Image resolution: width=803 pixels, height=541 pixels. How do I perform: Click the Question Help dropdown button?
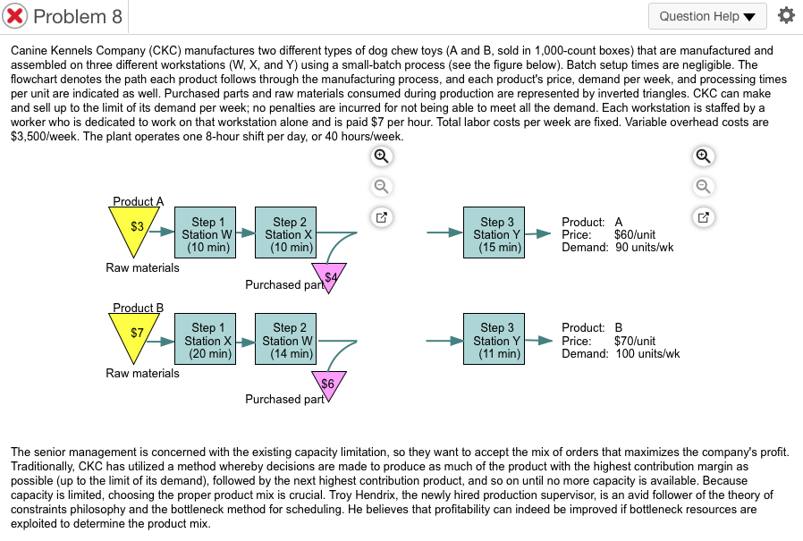707,16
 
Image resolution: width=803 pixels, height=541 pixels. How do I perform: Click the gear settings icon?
786,15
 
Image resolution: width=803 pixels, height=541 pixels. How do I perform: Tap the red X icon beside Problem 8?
15,16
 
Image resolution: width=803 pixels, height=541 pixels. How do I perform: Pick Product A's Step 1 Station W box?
206,232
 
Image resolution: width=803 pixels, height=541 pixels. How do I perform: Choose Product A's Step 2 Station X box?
286,232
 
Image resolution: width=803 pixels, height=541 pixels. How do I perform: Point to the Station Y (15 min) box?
494,232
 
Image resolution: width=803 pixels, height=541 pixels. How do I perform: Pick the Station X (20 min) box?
206,339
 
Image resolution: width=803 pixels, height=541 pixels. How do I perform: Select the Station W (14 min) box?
286,339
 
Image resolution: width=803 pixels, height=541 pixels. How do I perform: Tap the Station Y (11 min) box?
494,339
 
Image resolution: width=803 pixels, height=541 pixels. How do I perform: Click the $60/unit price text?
635,234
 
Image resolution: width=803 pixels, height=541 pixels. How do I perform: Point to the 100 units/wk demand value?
647,353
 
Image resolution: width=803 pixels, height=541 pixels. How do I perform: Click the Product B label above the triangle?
139,308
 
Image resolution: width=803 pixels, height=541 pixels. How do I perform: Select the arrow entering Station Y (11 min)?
445,341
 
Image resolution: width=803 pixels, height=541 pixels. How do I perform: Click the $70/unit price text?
635,341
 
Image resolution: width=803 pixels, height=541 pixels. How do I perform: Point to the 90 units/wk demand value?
644,248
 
